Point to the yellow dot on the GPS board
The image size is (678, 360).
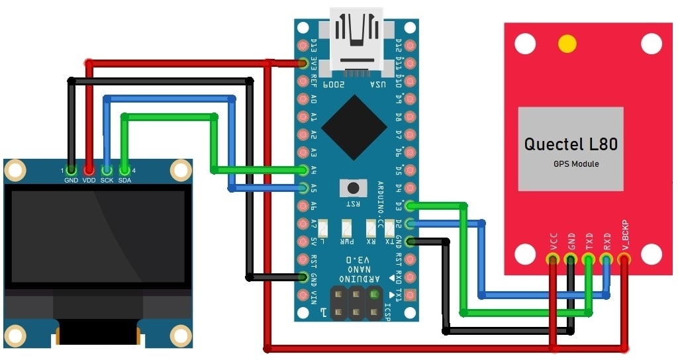pos(567,44)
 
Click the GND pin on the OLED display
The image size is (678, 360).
pos(71,169)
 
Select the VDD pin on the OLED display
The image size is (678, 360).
pos(89,169)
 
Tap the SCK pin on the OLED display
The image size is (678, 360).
pos(107,169)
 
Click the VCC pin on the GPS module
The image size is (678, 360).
pos(552,259)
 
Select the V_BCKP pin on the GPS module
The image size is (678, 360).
pos(624,259)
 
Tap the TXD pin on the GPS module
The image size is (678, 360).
pos(588,259)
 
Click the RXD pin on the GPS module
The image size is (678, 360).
pos(606,259)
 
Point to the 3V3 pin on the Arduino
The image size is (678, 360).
pos(304,64)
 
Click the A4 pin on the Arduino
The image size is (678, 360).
pos(304,170)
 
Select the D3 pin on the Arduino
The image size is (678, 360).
pos(410,206)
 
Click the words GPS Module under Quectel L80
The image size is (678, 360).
pos(576,163)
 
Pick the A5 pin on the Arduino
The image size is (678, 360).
pos(304,188)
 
